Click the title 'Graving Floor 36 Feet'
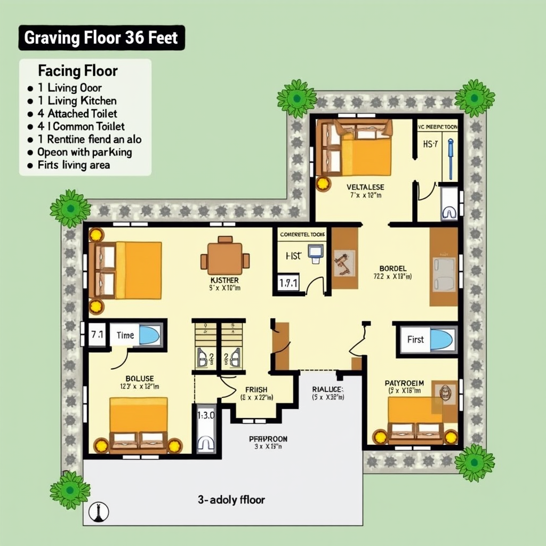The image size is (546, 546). pos(101,39)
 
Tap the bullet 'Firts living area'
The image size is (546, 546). pos(74,165)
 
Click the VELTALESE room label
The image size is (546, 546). pos(365,187)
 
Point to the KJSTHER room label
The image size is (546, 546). pos(224,280)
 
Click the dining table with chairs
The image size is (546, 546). pos(225,258)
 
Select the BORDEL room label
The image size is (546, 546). pos(393,268)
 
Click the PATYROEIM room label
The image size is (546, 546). pos(404,383)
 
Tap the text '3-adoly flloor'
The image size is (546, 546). pos(231,500)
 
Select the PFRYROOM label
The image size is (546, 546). pos(268,439)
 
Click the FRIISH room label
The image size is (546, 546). pos(256,390)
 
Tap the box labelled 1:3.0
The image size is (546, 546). pos(205,415)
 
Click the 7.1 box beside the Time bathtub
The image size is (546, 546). pos(97,335)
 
